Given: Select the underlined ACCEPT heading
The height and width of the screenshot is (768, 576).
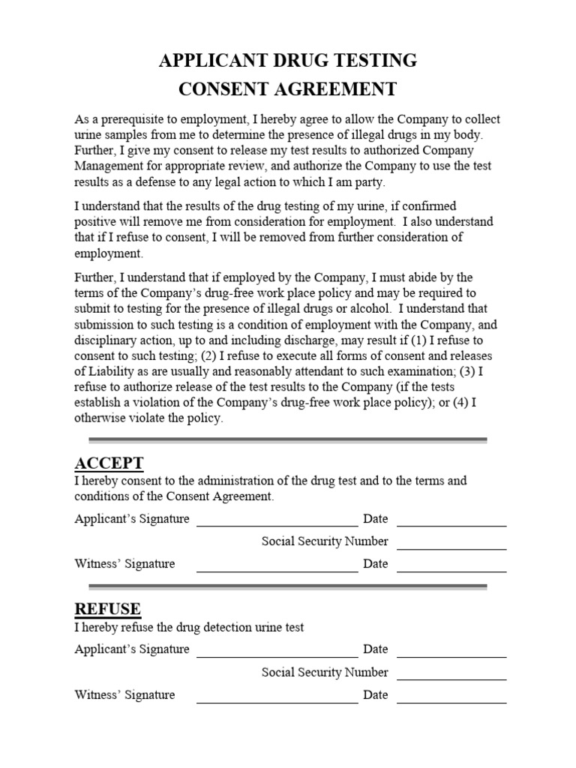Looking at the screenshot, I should tap(109, 463).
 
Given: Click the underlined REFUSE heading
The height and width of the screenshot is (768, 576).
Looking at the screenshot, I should tap(107, 608).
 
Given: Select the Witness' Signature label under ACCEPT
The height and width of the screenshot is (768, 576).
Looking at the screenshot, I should tap(124, 564).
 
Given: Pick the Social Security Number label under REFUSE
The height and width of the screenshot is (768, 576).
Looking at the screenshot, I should tap(325, 672).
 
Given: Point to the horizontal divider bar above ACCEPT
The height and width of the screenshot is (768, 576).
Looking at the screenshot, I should tap(288, 440).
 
